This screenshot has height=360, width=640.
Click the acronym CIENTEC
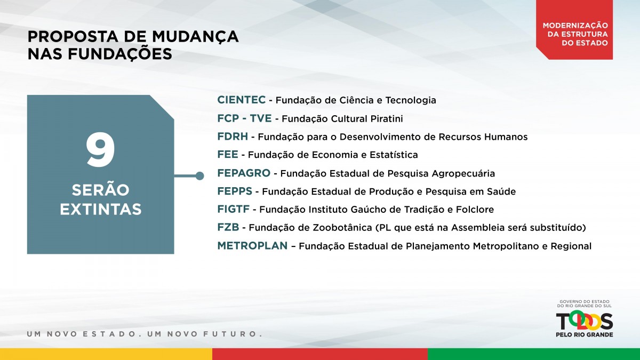point(242,100)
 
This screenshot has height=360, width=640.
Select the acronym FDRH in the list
point(233,137)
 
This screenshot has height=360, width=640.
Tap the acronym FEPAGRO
point(244,173)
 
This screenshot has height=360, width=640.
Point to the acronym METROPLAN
point(252,246)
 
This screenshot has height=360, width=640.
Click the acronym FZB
point(228,227)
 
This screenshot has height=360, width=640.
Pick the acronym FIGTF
point(234,209)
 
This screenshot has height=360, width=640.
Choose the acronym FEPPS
point(235,191)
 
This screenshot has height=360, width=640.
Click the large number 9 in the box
point(101,150)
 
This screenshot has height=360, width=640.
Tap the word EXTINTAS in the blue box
point(101,210)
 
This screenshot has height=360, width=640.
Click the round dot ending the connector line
point(199,175)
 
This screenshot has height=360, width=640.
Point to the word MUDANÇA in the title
point(195,37)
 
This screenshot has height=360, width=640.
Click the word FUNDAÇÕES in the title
point(120,54)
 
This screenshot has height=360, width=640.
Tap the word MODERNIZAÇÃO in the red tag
point(575,25)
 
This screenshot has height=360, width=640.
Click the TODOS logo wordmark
point(585,321)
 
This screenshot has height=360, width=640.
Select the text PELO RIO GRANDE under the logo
point(585,334)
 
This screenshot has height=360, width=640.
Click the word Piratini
point(387,118)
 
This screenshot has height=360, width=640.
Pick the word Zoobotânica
point(342,227)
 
